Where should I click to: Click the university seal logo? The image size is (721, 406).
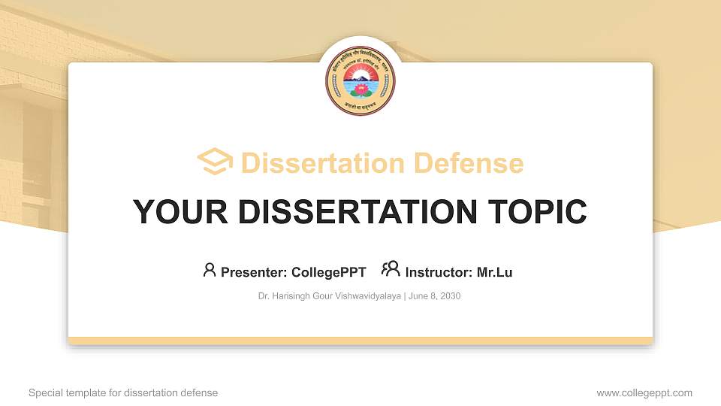tap(360, 80)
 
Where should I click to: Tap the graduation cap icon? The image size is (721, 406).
tap(215, 162)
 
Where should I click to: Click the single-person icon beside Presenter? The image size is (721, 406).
tap(210, 270)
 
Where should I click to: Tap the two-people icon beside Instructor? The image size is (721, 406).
tap(391, 270)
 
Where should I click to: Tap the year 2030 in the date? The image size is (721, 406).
tap(450, 296)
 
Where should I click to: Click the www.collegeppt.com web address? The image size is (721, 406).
tap(644, 393)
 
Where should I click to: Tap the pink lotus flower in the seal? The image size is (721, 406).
tap(360, 89)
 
